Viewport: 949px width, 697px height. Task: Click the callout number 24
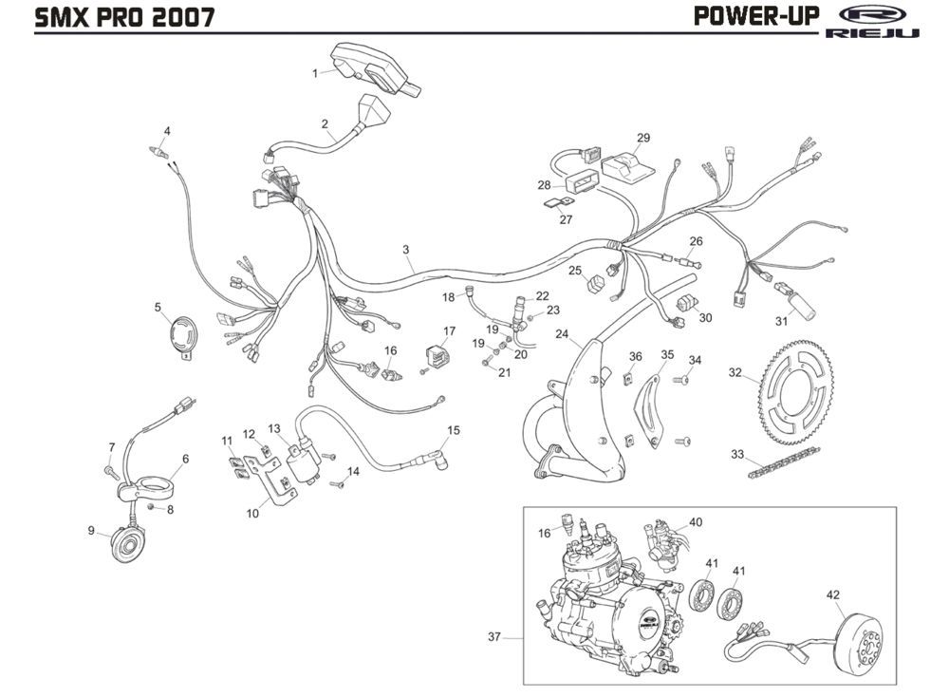click(x=562, y=334)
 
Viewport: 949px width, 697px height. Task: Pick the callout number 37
click(x=494, y=636)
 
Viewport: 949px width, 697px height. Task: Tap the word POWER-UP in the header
click(x=756, y=16)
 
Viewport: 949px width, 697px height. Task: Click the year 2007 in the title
click(x=182, y=17)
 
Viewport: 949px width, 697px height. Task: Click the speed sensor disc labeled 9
click(x=127, y=544)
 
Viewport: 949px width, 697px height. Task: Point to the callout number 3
click(x=405, y=250)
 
